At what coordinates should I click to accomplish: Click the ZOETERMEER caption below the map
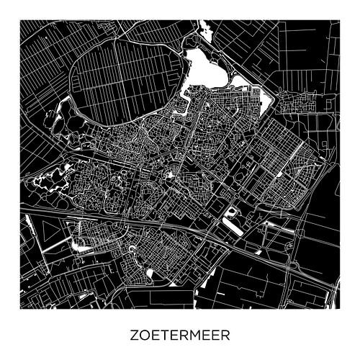(x=181, y=336)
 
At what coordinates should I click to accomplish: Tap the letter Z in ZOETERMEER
(x=135, y=336)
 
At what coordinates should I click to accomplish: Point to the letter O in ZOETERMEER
(x=145, y=336)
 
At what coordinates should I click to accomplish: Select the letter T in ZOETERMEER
(x=166, y=336)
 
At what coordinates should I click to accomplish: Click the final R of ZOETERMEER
(x=227, y=336)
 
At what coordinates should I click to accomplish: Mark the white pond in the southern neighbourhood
(x=150, y=272)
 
